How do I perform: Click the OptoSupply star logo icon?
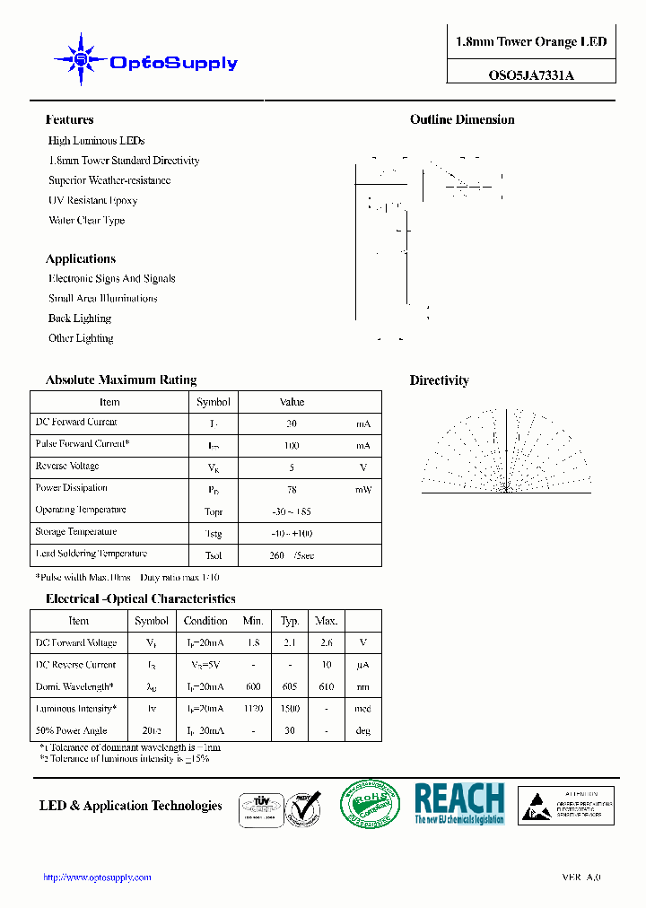[x=81, y=60]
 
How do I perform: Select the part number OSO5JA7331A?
[x=531, y=75]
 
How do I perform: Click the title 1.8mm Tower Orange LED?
[x=531, y=42]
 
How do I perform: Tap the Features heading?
[x=69, y=119]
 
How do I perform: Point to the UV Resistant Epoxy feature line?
[x=92, y=201]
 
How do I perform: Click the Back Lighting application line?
[x=80, y=319]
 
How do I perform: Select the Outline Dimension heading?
[x=462, y=119]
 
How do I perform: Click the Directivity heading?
[x=439, y=380]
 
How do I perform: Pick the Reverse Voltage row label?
[x=67, y=467]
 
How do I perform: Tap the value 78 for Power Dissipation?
[x=292, y=490]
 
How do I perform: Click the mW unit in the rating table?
[x=362, y=490]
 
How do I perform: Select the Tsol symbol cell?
[x=214, y=555]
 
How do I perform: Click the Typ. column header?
[x=290, y=621]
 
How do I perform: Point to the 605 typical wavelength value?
[x=290, y=687]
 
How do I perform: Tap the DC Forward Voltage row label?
[x=76, y=643]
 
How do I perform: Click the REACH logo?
[x=459, y=804]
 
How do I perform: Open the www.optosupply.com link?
[x=97, y=877]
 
